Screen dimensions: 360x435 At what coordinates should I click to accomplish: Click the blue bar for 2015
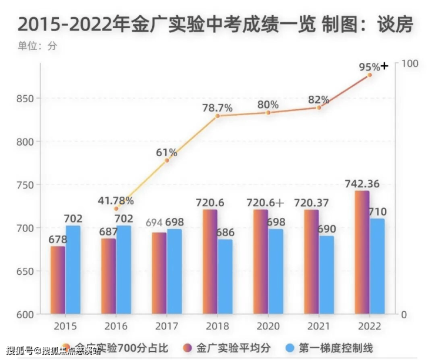click(73, 270)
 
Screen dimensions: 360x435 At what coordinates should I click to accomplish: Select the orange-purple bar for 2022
click(362, 252)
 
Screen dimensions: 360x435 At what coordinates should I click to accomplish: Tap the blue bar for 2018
click(225, 276)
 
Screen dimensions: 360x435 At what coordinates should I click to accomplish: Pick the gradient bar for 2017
click(159, 273)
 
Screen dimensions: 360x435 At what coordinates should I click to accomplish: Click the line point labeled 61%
click(167, 160)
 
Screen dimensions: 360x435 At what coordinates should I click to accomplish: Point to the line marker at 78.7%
click(217, 116)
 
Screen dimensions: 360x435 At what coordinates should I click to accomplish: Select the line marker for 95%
click(370, 75)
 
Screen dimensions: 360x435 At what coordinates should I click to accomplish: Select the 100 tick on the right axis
click(409, 63)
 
